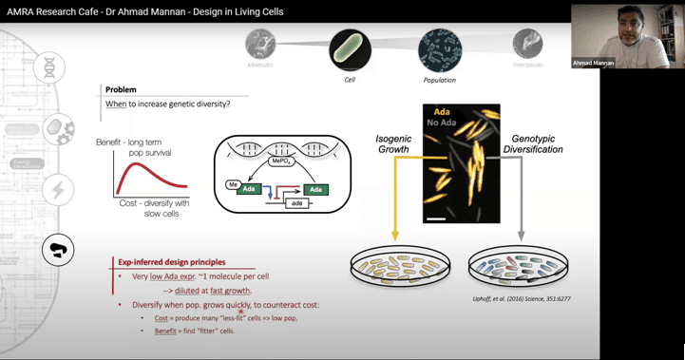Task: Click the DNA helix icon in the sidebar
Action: click(x=49, y=67)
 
